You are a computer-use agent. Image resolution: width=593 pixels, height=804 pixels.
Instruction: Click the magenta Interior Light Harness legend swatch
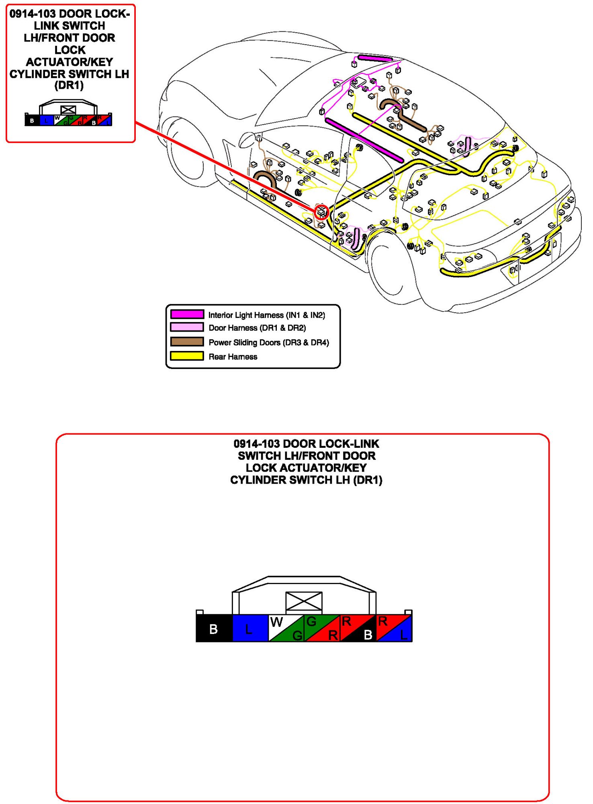click(x=187, y=314)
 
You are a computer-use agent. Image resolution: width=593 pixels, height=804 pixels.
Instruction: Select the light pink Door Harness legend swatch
click(x=187, y=327)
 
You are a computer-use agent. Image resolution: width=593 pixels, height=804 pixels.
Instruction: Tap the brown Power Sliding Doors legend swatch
click(x=187, y=342)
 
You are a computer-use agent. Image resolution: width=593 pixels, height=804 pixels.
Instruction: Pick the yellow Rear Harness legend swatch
click(x=187, y=356)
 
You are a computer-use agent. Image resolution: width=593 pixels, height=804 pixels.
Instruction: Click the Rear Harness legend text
click(x=233, y=357)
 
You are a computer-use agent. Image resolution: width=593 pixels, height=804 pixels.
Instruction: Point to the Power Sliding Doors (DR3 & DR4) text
click(x=268, y=343)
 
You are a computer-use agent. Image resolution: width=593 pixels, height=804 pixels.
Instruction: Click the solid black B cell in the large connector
click(x=214, y=628)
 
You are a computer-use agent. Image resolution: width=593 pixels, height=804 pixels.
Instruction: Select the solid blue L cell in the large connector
click(x=250, y=628)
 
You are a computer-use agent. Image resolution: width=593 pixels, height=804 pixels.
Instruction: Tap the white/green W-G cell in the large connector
click(x=286, y=628)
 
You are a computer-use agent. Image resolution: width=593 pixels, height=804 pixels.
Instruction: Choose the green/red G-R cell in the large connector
click(x=322, y=628)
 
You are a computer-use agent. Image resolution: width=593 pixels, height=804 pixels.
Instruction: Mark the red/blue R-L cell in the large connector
click(x=394, y=628)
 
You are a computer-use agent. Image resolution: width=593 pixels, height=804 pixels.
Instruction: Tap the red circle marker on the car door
click(x=321, y=211)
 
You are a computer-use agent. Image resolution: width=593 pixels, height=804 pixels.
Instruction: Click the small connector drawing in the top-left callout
click(x=68, y=114)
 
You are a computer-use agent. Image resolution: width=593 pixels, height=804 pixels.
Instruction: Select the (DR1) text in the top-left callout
click(x=69, y=85)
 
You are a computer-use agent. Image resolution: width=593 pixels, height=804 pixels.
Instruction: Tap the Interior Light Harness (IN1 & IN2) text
click(x=266, y=315)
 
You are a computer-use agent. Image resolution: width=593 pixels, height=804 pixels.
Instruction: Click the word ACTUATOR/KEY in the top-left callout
click(x=70, y=62)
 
